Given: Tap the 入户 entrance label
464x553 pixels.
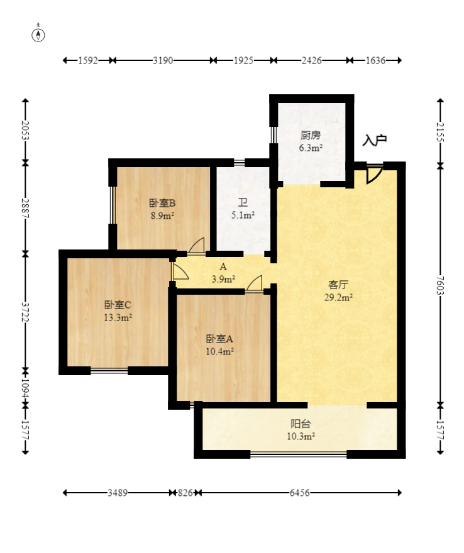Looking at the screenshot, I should [374, 140].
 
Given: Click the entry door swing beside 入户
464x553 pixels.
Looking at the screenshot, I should [373, 175].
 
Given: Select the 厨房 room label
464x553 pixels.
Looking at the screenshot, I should [311, 135].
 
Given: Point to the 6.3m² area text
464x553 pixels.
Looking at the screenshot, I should [311, 148].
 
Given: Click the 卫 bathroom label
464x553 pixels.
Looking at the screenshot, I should [243, 202].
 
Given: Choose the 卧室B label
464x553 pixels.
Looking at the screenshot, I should [162, 202].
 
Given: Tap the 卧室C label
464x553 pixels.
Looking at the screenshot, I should [118, 305].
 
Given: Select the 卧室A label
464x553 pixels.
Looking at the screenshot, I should [219, 337].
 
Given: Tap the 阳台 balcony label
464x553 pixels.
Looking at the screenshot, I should [301, 424].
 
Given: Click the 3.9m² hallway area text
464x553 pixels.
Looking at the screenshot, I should [223, 279].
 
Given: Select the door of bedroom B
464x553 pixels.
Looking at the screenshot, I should [197, 246].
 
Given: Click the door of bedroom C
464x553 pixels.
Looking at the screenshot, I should [180, 271].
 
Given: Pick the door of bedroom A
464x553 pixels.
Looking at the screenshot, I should [255, 284].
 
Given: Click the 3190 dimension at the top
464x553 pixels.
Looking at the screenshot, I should [163, 61].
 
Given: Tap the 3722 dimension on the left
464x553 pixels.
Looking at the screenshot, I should [25, 312].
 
